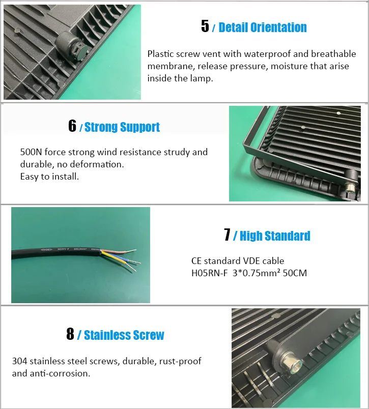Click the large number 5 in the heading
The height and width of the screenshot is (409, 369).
pyautogui.click(x=205, y=26)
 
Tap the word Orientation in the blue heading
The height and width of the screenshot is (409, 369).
pyautogui.click(x=278, y=27)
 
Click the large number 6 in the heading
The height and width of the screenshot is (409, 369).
pyautogui.click(x=72, y=126)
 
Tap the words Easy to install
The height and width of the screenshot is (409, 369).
pyautogui.click(x=49, y=177)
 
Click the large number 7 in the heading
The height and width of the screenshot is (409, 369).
pyautogui.click(x=227, y=235)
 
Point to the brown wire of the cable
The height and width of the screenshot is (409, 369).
pyautogui.click(x=120, y=251)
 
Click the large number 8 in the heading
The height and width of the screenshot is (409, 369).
pyautogui.click(x=70, y=334)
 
